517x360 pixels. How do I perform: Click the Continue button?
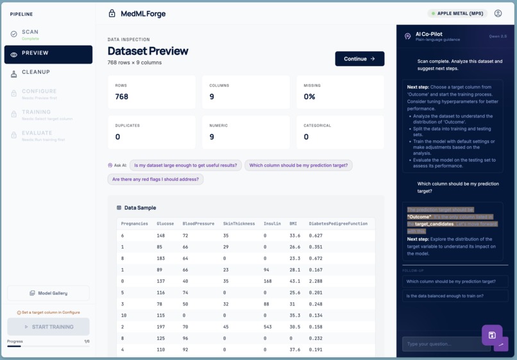click(x=359, y=59)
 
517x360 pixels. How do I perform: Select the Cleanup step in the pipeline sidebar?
click(x=36, y=73)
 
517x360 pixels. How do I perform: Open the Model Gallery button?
click(x=48, y=293)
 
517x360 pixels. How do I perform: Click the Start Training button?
click(x=48, y=327)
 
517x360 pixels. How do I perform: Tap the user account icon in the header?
click(x=498, y=13)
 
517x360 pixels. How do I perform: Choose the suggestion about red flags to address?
click(x=155, y=180)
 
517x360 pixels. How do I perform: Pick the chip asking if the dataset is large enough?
click(x=185, y=166)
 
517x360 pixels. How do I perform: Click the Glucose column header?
click(x=165, y=224)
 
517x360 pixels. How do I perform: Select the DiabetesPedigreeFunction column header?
click(x=338, y=224)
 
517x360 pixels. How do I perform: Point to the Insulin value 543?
click(x=268, y=327)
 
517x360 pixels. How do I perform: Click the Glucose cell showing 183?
click(x=161, y=259)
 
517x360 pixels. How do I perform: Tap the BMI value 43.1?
click(x=294, y=281)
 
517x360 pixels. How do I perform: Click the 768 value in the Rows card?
click(x=122, y=97)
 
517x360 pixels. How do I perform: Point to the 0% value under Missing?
click(x=309, y=97)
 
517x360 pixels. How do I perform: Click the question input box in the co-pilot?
click(x=446, y=344)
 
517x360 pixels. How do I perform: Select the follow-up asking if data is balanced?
click(x=455, y=296)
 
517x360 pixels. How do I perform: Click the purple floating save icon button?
click(x=492, y=335)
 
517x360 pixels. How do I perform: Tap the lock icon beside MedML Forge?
click(x=112, y=13)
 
